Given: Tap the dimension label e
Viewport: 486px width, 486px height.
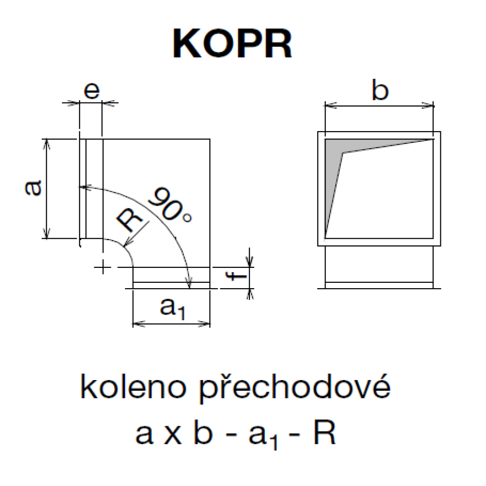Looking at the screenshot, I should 91,92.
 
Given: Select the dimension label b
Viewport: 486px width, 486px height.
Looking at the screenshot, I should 380,90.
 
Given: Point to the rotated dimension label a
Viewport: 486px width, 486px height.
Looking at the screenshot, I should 33,188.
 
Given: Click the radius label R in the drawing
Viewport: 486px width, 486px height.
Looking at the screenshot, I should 130,220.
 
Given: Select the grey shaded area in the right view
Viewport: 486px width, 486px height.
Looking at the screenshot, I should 335,160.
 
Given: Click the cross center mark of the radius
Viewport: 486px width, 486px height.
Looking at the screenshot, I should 102,267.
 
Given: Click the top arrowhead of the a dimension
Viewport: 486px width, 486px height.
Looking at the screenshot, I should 47,142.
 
